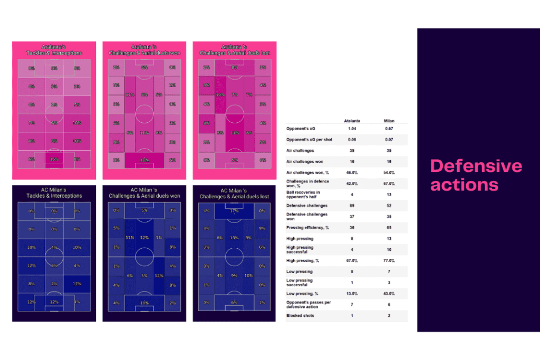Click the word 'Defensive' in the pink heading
476,167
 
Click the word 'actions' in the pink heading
464,184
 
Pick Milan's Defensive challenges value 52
389,206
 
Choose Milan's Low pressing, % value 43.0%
389,294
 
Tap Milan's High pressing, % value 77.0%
389,260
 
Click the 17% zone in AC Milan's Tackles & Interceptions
78,284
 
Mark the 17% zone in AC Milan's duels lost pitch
234,211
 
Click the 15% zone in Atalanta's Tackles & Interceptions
54,159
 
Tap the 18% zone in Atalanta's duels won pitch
144,160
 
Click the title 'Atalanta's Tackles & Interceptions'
54,50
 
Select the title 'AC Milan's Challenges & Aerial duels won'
144,193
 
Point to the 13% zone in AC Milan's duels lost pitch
234,237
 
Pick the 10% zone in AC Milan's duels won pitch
144,303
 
